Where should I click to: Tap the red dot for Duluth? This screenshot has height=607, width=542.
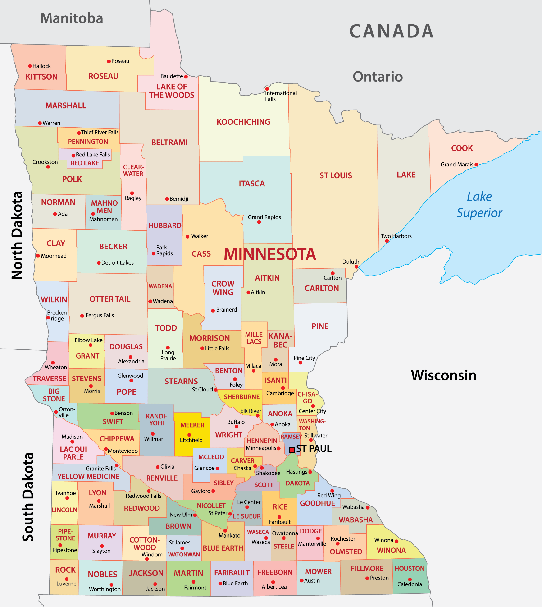point(356,267)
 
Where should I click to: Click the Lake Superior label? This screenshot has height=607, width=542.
point(479,205)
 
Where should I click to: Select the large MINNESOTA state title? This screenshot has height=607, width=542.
point(270,254)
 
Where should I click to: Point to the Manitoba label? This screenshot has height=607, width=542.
point(72,18)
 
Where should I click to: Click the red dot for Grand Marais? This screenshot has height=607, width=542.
point(476,165)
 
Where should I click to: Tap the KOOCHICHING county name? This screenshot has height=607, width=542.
point(243,122)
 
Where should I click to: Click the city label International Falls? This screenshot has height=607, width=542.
point(281,96)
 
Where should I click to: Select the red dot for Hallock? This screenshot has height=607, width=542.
point(30,66)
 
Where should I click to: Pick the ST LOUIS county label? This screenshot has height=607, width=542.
point(336,175)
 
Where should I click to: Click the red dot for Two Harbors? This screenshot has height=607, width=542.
point(387,241)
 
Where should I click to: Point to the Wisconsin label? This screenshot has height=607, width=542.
point(443,375)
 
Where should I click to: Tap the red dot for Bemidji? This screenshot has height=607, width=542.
point(167,199)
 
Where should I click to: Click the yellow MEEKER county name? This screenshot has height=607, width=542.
point(192,425)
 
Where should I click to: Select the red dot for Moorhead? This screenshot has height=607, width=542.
point(38,256)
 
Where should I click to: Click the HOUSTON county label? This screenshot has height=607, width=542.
point(409,568)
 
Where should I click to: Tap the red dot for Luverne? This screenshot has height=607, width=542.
point(67,579)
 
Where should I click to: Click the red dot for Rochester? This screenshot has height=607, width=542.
point(338,543)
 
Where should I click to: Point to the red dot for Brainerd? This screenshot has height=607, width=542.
point(213,311)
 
